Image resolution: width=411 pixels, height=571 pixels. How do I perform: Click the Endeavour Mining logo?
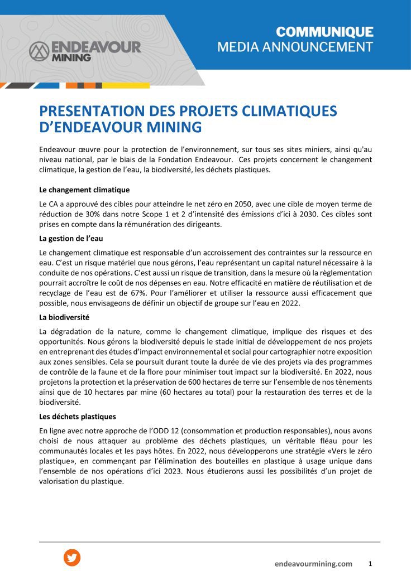(85, 50)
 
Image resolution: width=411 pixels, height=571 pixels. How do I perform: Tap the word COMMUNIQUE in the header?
(325, 32)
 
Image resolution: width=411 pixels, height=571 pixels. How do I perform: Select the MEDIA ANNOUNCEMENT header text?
(295, 47)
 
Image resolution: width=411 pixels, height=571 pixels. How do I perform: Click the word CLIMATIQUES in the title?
(290, 111)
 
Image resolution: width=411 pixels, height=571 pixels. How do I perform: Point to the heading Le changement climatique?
(84, 190)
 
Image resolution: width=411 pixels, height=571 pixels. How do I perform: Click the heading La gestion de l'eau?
(71, 239)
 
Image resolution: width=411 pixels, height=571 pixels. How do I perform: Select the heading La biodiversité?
(64, 317)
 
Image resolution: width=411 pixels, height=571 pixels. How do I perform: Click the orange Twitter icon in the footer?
(72, 558)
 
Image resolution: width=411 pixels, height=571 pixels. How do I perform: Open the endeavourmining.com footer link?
(313, 564)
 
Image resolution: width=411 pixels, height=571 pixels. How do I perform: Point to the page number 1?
(370, 563)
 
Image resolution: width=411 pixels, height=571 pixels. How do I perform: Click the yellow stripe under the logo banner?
(126, 85)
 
